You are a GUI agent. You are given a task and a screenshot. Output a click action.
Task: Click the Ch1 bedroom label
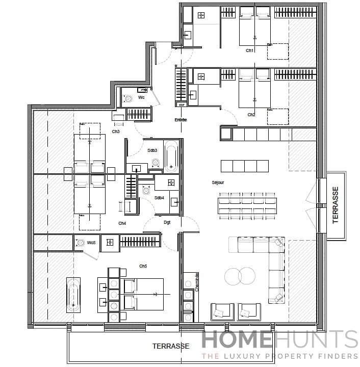pos(250,50)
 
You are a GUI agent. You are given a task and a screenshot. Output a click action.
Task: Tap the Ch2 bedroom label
pos(251,115)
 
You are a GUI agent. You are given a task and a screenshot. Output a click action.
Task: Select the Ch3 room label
pos(116,132)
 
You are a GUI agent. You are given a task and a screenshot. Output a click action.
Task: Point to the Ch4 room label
pos(122,223)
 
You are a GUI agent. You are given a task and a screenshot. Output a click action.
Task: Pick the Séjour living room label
pos(218,182)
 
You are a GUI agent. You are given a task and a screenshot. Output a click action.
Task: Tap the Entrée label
pos(181,120)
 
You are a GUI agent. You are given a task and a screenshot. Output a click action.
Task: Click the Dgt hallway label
pos(167,222)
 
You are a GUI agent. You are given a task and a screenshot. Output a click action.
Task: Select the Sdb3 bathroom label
pos(152,150)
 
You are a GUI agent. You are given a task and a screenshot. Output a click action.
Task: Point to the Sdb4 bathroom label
pos(159,198)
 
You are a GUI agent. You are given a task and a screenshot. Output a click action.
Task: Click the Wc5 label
pos(91,243)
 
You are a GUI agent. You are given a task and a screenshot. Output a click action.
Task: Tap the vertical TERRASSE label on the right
pos(335,205)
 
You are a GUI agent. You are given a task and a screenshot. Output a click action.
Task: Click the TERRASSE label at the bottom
pos(171,346)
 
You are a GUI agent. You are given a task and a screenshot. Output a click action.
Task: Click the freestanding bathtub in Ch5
pos(73,295)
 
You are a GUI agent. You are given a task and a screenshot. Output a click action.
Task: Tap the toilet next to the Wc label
pos(128,99)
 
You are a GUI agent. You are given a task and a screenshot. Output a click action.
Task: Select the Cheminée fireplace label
pos(196,281)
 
